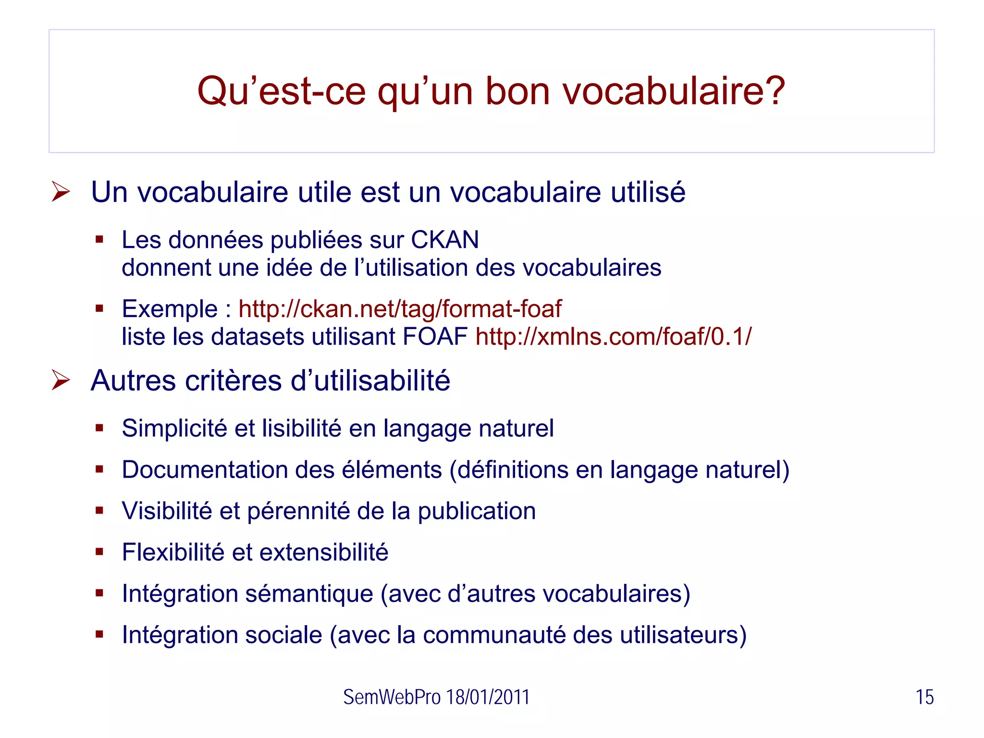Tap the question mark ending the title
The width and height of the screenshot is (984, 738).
point(775,91)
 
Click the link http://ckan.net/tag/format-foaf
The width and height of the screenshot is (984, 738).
point(400,308)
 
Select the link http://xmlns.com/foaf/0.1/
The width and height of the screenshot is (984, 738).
point(614,336)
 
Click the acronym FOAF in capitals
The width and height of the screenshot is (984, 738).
point(435,336)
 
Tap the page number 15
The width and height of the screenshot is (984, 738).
point(924,697)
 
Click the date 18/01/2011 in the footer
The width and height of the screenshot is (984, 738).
point(488,697)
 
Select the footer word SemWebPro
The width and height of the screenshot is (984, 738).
point(392,697)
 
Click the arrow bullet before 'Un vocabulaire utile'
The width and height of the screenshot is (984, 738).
point(61,192)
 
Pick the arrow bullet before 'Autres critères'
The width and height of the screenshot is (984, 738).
point(61,381)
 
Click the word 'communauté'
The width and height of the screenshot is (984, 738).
point(494,635)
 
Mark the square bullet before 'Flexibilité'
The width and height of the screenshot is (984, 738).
point(99,552)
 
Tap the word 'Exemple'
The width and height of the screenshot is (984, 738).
point(170,309)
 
